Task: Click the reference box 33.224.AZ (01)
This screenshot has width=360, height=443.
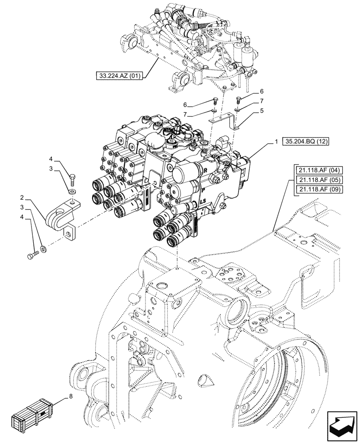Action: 119,76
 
